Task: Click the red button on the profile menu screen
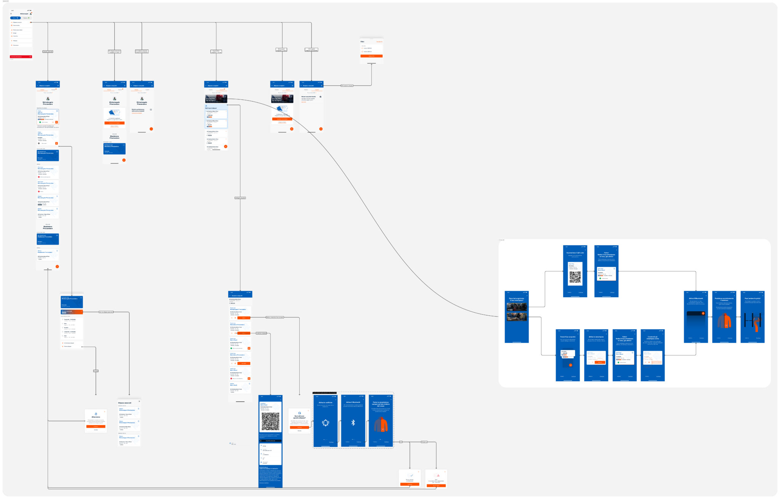pyautogui.click(x=21, y=57)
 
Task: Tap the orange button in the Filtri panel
pyautogui.click(x=371, y=56)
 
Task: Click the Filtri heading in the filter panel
pyautogui.click(x=363, y=42)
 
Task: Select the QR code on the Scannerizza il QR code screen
pyautogui.click(x=575, y=278)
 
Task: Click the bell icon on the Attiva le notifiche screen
pyautogui.click(x=326, y=422)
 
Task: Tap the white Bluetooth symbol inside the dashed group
pyautogui.click(x=353, y=422)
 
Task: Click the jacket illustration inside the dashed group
pyautogui.click(x=381, y=425)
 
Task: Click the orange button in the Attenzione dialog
pyautogui.click(x=96, y=427)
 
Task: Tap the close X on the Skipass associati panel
pyautogui.click(x=139, y=401)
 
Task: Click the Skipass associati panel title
pyautogui.click(x=125, y=403)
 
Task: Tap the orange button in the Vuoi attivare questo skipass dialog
pyautogui.click(x=299, y=427)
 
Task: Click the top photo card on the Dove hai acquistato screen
pyautogui.click(x=517, y=307)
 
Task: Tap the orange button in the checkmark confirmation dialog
pyautogui.click(x=410, y=485)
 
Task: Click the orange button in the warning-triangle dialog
pyautogui.click(x=436, y=486)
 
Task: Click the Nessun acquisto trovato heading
pyautogui.click(x=308, y=97)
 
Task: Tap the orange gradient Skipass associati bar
pyautogui.click(x=72, y=312)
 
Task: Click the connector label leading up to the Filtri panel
pyautogui.click(x=347, y=86)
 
